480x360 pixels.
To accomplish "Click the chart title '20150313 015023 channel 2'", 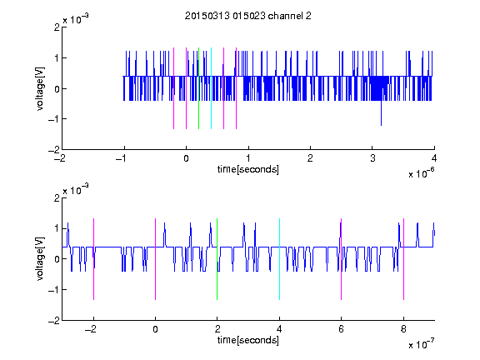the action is click(248, 16).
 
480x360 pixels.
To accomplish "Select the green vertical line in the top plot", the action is click(198, 88).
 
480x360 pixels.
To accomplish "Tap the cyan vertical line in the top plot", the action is click(211, 88).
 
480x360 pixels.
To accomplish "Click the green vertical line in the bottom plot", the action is click(217, 259).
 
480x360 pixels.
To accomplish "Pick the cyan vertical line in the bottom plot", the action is click(279, 259).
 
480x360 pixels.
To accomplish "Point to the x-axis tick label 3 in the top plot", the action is click(372, 158).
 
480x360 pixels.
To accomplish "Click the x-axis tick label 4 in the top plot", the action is click(434, 158).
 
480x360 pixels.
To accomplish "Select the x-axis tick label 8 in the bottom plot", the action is click(403, 329).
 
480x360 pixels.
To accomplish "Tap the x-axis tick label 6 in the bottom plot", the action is click(342, 329).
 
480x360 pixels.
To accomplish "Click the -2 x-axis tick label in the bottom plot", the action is click(91, 329).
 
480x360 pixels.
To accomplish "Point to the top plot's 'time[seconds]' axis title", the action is click(248, 169).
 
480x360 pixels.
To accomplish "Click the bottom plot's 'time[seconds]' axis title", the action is click(248, 340).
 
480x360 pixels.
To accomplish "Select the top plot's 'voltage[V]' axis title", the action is click(40, 88).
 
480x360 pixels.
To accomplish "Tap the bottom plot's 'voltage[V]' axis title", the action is click(40, 259).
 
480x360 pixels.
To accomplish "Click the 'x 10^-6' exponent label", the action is click(421, 172).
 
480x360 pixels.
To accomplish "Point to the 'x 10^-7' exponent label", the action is click(421, 343).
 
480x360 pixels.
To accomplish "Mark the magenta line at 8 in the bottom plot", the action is click(404, 259).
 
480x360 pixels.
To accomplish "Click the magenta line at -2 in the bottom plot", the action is click(93, 259).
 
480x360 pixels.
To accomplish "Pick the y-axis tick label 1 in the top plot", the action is click(57, 58).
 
